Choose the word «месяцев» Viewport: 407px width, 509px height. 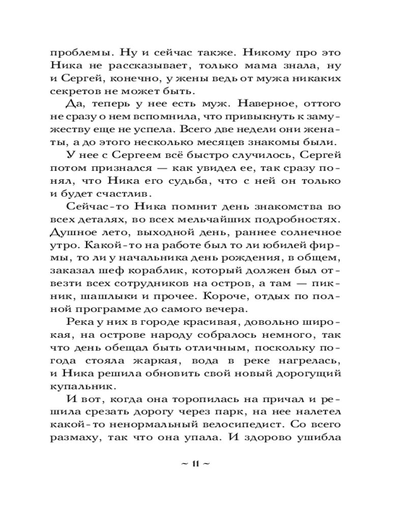coord(243,144)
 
